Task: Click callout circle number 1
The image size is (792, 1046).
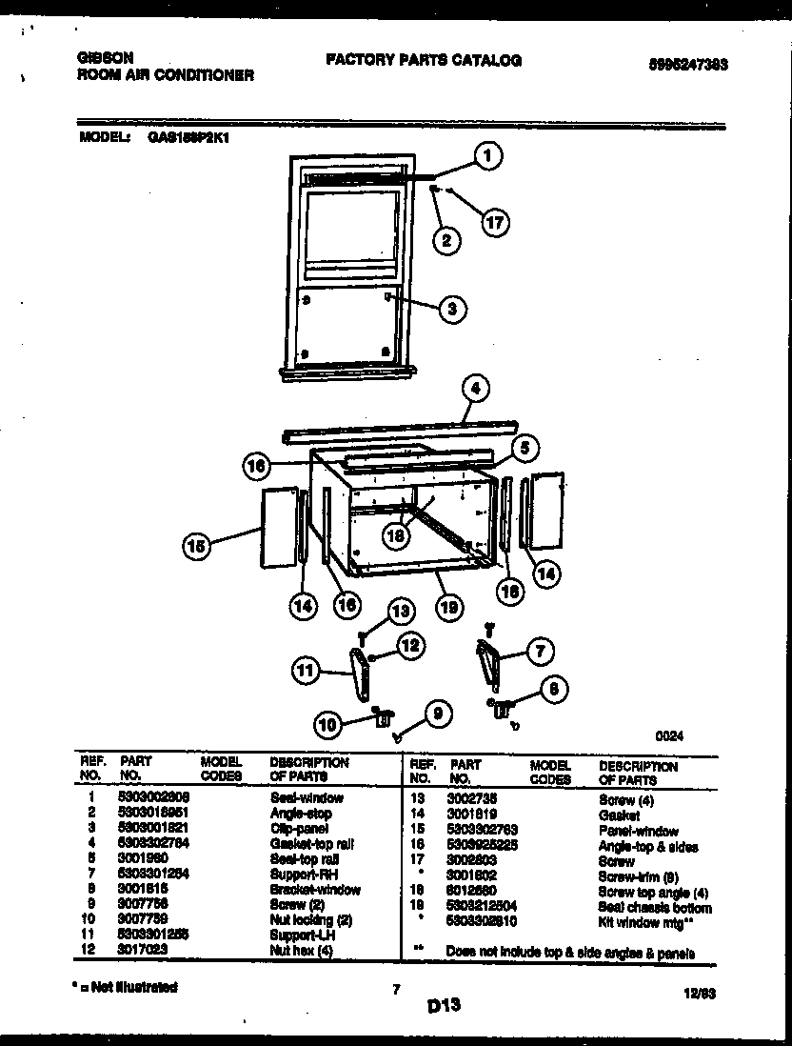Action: pos(488,155)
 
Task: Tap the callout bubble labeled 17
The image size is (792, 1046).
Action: pos(494,223)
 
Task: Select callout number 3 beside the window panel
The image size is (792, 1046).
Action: pos(453,308)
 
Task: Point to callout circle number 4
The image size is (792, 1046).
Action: pos(476,388)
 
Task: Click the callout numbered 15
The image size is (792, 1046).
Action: pos(196,547)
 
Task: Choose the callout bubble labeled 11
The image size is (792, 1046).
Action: pos(306,672)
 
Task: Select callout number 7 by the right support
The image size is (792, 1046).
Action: pos(539,652)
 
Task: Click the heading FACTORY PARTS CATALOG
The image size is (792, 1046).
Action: pos(424,60)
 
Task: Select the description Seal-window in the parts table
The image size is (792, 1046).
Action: pos(306,798)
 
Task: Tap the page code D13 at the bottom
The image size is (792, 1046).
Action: pos(444,1004)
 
